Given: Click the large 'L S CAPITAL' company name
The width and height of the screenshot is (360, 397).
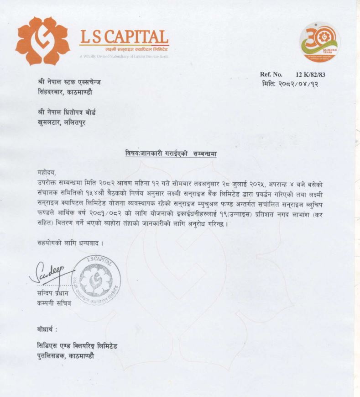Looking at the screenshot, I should click(124, 36).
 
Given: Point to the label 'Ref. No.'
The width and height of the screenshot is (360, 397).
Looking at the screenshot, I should click(271, 74).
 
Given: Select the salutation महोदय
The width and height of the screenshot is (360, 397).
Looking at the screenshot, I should click(46, 172).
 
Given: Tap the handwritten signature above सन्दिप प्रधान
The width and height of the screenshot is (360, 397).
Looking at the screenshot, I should click(48, 272).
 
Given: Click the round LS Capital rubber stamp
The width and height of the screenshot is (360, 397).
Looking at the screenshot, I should click(97, 280).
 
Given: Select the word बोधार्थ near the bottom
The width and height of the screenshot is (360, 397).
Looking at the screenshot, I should click(47, 329).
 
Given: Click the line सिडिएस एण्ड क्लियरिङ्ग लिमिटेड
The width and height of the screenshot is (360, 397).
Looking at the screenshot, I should click(80, 346).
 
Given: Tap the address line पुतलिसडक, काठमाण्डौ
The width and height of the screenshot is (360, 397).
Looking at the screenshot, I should click(69, 355).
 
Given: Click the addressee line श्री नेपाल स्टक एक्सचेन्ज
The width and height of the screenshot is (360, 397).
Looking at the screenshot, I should click(69, 82).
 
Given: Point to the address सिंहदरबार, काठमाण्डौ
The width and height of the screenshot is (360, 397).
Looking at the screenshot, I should click(65, 91).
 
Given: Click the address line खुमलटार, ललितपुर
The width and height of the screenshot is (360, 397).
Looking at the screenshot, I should click(62, 122).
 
